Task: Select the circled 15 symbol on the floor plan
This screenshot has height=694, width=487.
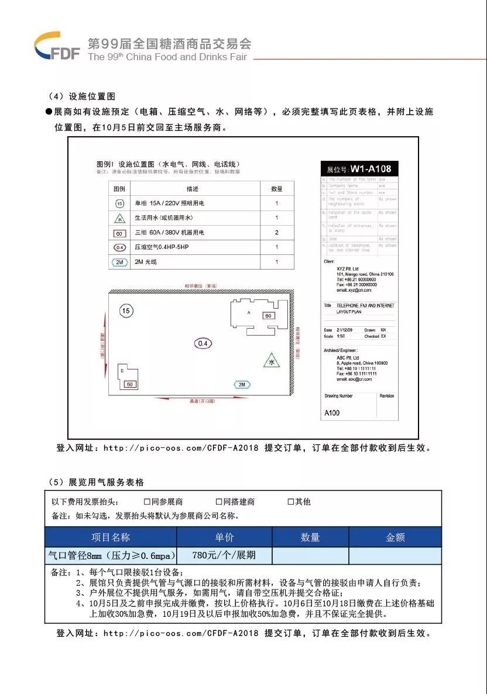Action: (126, 310)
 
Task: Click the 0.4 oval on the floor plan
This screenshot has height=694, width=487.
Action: (203, 343)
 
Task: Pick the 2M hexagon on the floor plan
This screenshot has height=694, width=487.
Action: (242, 384)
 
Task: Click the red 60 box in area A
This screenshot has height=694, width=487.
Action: (269, 316)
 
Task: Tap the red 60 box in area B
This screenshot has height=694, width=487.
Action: (129, 384)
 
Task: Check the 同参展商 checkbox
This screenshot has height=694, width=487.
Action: (148, 502)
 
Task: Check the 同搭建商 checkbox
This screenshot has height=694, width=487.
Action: (219, 502)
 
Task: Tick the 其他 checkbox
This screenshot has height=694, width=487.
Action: (290, 502)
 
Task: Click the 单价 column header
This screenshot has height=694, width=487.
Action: (224, 537)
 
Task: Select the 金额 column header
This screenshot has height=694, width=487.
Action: (395, 537)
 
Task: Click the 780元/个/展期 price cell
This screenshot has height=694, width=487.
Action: (224, 555)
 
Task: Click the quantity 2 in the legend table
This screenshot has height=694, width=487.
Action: (277, 233)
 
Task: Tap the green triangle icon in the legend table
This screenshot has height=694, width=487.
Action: (119, 218)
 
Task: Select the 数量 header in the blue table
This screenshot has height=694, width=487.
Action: (310, 537)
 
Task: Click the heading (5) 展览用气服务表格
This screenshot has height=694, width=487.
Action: (97, 482)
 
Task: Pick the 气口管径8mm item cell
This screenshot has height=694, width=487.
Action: (111, 555)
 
